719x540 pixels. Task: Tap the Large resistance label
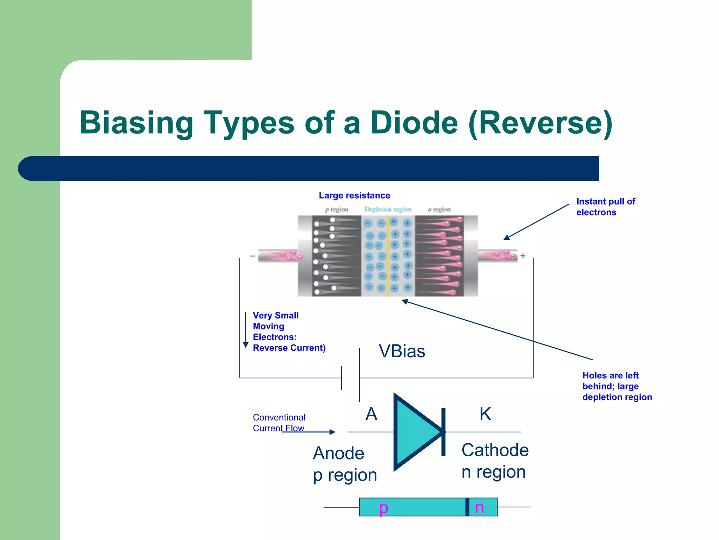[354, 195]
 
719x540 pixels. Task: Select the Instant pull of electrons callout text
[605, 207]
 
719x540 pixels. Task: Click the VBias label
[402, 351]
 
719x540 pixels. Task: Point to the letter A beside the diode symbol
[371, 414]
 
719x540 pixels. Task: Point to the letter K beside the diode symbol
[485, 414]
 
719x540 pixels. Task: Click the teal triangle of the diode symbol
[414, 432]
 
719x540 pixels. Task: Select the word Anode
[338, 453]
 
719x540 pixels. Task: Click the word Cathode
[495, 450]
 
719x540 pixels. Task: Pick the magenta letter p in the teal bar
[383, 508]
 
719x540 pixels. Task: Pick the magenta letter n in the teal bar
[479, 508]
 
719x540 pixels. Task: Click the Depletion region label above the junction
[388, 210]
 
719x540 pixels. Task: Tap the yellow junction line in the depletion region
[388, 257]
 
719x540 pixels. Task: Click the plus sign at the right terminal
[523, 256]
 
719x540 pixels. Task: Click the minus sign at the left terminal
[252, 256]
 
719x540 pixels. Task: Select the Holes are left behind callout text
[617, 386]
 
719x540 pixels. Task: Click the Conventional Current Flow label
[279, 423]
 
